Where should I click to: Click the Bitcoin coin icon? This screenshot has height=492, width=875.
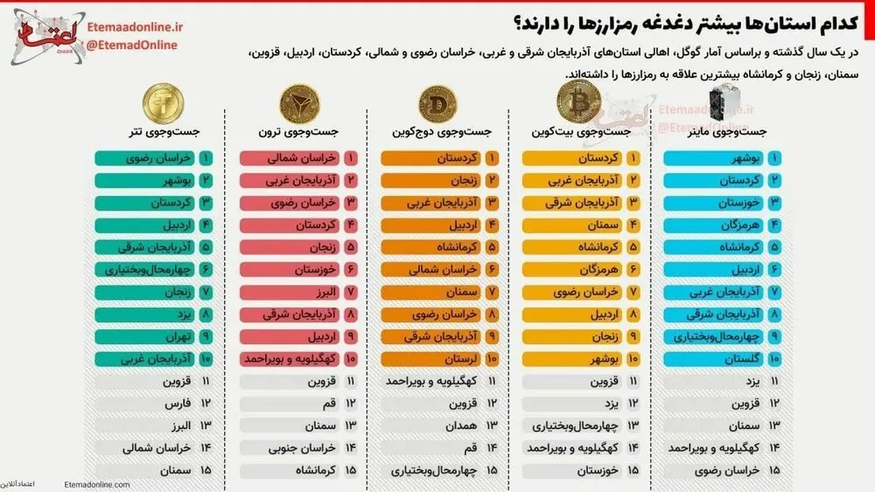pyautogui.click(x=577, y=106)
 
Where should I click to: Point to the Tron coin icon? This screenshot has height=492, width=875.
pyautogui.click(x=297, y=105)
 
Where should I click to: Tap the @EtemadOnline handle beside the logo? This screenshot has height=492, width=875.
pyautogui.click(x=132, y=45)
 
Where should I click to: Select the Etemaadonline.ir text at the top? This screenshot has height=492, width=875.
pyautogui.click(x=132, y=27)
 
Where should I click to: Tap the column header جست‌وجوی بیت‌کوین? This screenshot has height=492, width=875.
pyautogui.click(x=582, y=132)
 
